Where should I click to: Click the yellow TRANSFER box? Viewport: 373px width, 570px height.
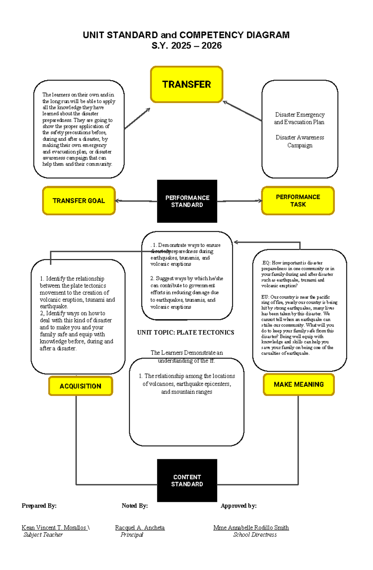(x=186, y=84)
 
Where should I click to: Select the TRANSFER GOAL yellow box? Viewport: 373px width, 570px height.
(x=79, y=201)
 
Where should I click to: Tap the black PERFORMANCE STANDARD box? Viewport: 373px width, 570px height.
(x=187, y=201)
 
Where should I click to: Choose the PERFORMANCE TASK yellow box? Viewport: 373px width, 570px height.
(x=298, y=201)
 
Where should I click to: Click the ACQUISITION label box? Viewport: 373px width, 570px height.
(x=81, y=386)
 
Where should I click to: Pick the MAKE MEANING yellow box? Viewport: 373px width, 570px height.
(x=298, y=385)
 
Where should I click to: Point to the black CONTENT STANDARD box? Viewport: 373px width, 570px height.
(x=187, y=480)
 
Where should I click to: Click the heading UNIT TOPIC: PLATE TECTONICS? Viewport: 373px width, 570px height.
(x=186, y=332)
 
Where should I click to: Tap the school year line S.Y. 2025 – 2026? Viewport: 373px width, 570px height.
(x=186, y=46)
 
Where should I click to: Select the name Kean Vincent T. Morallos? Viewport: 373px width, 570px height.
(x=54, y=527)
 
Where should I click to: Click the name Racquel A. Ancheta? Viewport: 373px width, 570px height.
(x=140, y=527)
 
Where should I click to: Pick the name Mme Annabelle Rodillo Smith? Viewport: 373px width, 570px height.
(x=251, y=527)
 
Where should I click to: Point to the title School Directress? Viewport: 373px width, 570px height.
(x=255, y=535)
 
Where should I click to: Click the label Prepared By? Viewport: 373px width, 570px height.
(x=39, y=506)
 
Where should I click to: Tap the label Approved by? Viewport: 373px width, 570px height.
(x=238, y=506)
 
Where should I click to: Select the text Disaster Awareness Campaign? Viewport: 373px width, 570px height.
(x=300, y=141)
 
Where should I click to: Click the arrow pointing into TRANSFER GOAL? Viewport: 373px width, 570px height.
(x=118, y=201)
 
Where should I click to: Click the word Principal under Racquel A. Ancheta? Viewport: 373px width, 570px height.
(x=132, y=535)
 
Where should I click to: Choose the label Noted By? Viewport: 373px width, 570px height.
(x=135, y=506)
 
